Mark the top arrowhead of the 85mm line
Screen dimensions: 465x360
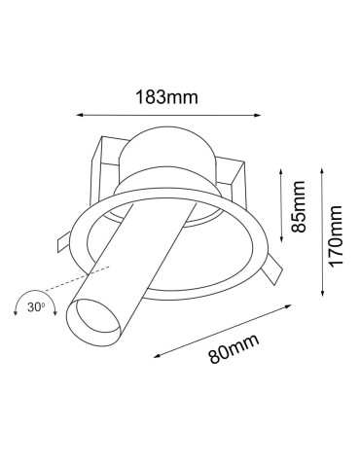tap(279, 174)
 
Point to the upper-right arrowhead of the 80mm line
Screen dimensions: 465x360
tap(294, 305)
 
